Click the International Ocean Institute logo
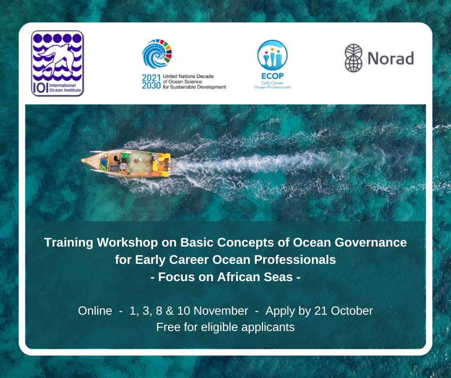coord(57,63)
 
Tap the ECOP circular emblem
coord(272,55)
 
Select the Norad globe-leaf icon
coord(354,59)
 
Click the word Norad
coord(390,59)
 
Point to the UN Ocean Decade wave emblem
coord(157,54)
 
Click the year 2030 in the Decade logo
coord(152,85)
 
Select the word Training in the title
coord(69,242)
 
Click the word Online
coord(95,310)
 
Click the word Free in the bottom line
coord(167,328)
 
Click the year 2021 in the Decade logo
coord(152,77)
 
